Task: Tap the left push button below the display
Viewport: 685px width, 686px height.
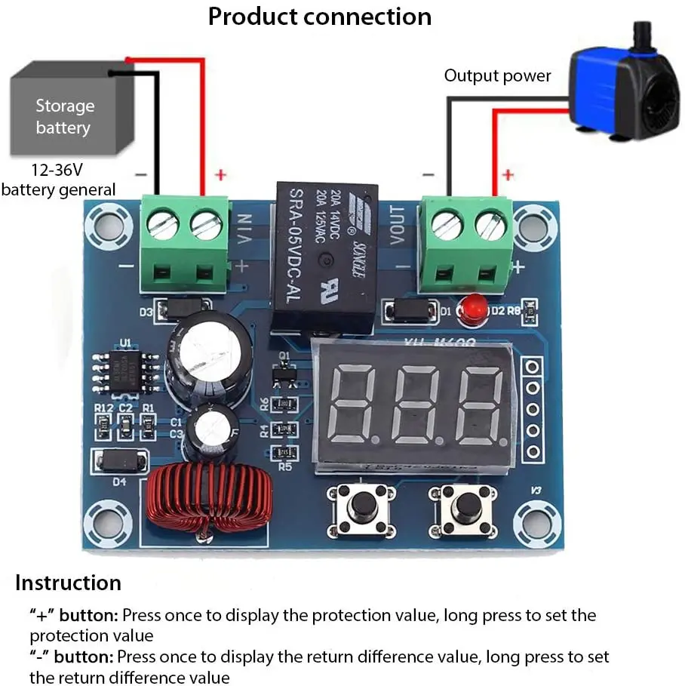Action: click(x=360, y=509)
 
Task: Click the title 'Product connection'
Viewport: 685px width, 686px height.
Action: click(x=320, y=17)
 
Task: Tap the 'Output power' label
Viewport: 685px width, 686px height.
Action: click(x=497, y=75)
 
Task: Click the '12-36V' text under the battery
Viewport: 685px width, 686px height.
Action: click(x=57, y=170)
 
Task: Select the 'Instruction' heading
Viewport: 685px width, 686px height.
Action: click(x=68, y=583)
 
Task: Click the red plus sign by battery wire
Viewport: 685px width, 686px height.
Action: click(x=220, y=175)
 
